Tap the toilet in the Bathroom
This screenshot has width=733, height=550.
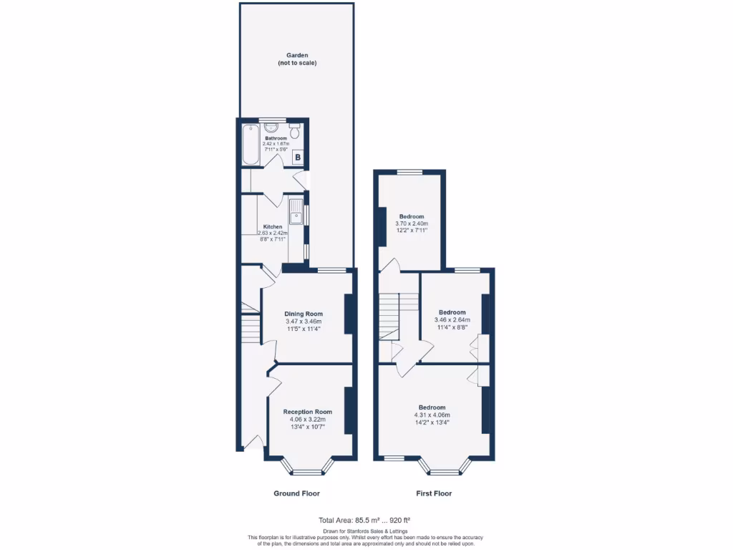point(295,131)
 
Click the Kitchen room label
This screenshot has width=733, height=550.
point(273,227)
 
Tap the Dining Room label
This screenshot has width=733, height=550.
point(304,314)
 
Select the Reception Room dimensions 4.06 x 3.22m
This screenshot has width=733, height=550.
point(308,420)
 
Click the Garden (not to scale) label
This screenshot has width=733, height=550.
point(297,59)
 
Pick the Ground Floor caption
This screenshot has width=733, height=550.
point(296,493)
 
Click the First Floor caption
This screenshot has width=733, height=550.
point(434,493)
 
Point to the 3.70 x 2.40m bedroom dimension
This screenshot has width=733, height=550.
point(412,224)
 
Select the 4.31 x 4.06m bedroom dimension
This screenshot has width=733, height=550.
point(432,415)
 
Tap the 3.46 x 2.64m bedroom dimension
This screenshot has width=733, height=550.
point(452,320)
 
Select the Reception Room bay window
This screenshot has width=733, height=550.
point(308,470)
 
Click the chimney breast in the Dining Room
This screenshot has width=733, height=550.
point(349,314)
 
